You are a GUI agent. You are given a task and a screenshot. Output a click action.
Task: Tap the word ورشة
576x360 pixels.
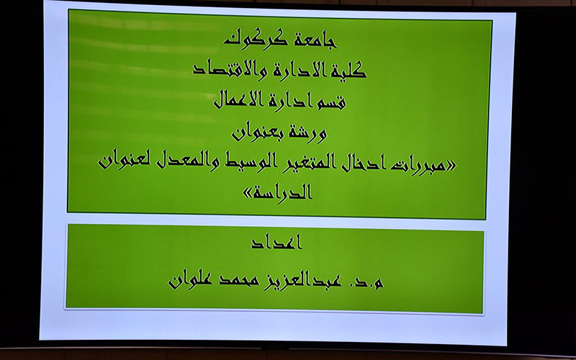point(307,132)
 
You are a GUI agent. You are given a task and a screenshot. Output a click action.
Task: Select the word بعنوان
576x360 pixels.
point(255,132)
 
